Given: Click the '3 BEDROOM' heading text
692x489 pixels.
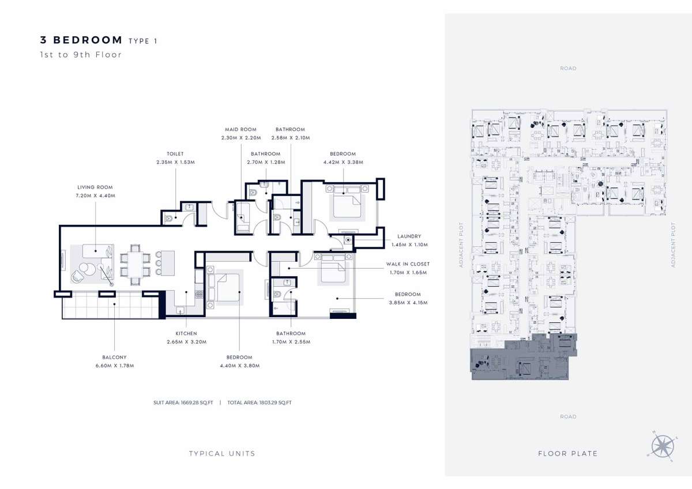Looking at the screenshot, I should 81,40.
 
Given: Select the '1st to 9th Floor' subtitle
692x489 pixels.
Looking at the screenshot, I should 81,55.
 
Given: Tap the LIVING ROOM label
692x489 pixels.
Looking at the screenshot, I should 95,187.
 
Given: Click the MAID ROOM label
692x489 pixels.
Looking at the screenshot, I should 240,130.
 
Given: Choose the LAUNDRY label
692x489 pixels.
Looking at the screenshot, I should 409,236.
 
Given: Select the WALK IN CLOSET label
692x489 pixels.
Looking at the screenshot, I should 408,264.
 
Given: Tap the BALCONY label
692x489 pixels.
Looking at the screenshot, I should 115,358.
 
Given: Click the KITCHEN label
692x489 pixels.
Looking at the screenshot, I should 186,333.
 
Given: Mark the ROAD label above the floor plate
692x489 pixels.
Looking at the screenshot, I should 568,69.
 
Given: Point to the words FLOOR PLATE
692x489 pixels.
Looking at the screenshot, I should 567,453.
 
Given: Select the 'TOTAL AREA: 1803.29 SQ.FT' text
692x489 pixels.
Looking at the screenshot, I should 259,403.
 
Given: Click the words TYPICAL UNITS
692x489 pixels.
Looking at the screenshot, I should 222,453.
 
